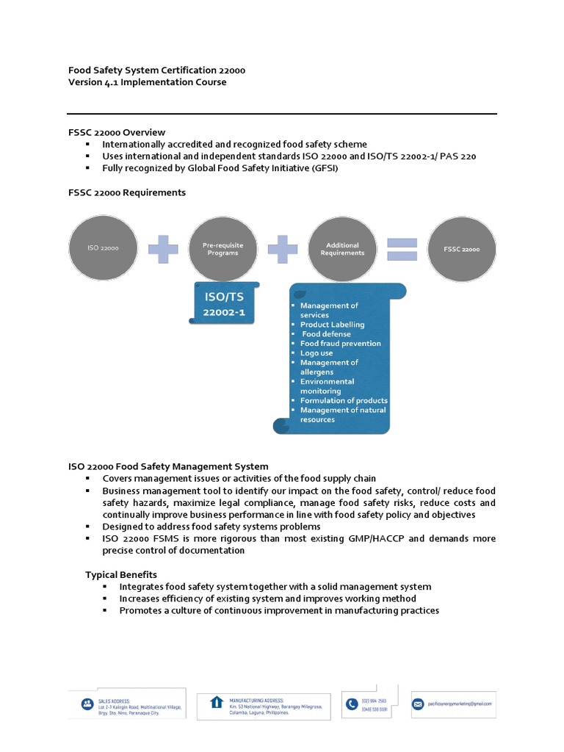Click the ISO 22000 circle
[102, 249]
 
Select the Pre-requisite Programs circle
[222, 249]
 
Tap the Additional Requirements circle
[341, 249]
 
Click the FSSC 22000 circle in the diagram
[461, 249]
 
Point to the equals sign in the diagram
[402, 250]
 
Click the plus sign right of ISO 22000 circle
[162, 250]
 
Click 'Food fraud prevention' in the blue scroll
[340, 343]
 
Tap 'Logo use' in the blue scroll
[317, 352]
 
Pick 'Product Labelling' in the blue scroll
[332, 324]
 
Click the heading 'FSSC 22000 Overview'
[117, 132]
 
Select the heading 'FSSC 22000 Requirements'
[127, 192]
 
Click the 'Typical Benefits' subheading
[121, 574]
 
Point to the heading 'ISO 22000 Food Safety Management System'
[168, 466]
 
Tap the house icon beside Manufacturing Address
[217, 702]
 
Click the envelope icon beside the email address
[419, 703]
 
